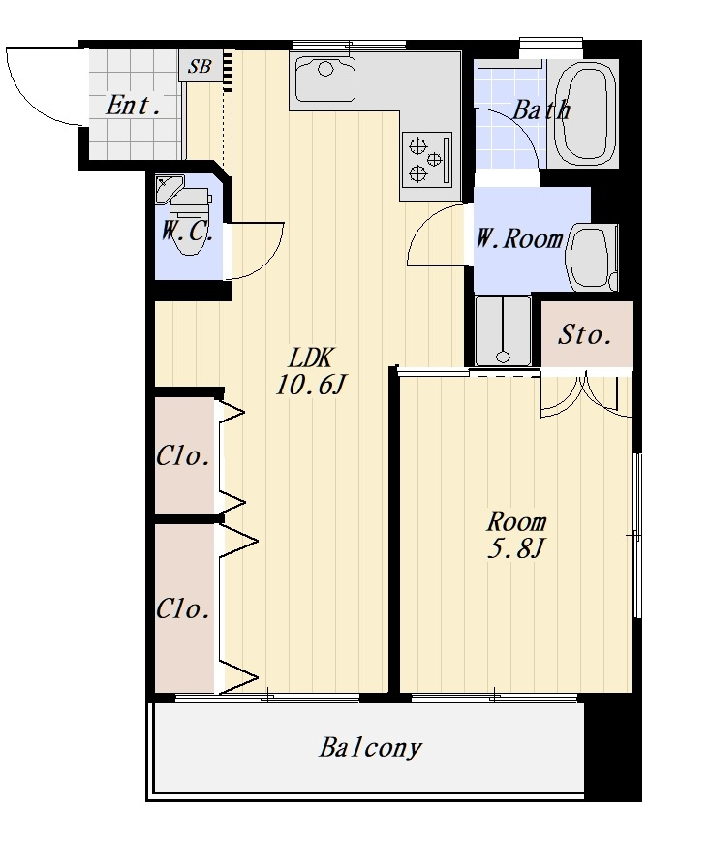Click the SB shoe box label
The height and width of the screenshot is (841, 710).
[200, 67]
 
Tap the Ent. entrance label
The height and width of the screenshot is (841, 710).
[134, 105]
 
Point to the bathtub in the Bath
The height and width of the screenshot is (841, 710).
[584, 112]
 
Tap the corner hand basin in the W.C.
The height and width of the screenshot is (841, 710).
[169, 188]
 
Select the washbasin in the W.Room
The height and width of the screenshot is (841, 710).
[592, 258]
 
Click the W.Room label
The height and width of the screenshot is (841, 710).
[519, 238]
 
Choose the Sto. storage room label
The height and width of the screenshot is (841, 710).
[585, 335]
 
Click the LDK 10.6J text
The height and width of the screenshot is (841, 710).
[311, 371]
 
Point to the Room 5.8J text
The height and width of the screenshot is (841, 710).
[516, 535]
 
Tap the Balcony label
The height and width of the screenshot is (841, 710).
[371, 748]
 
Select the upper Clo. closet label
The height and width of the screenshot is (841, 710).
[182, 456]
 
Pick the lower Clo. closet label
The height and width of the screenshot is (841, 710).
[182, 609]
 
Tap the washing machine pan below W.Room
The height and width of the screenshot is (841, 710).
[503, 331]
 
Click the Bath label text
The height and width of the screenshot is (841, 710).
[541, 109]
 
